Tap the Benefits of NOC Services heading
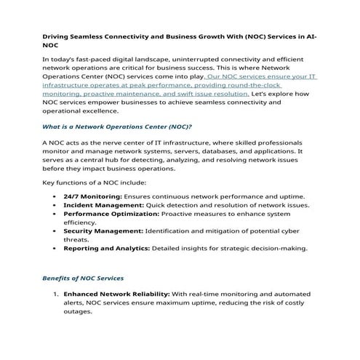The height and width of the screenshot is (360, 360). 83,278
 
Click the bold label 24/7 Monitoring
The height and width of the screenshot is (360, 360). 92,196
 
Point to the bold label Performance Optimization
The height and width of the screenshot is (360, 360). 112,216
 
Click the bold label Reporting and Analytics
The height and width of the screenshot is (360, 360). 106,248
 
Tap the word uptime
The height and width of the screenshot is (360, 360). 290,196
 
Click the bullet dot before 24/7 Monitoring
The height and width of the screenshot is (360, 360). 56,196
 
